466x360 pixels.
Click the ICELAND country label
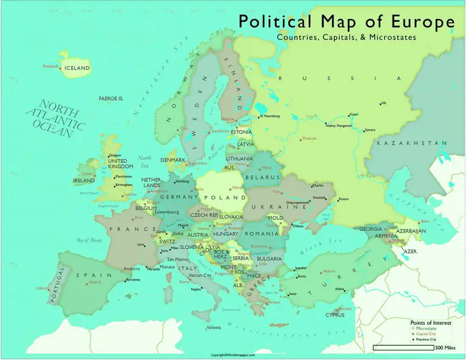coord(77,69)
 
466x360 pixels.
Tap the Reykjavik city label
coord(50,66)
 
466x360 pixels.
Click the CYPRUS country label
coord(334,315)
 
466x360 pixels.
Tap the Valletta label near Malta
coord(214,328)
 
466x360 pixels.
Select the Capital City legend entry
coord(427,333)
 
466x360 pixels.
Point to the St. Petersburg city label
coord(269,116)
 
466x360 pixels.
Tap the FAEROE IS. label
coord(111,98)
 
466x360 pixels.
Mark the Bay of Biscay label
coord(90,241)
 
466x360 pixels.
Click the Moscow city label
coord(309,138)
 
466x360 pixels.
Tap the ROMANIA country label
coord(262,233)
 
